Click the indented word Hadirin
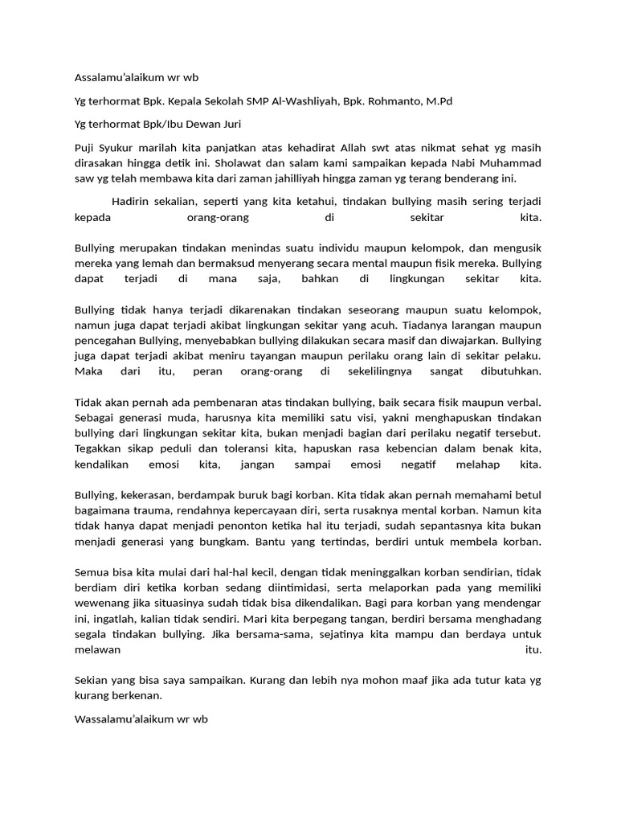pos(133,202)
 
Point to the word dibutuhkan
pos(504,371)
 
